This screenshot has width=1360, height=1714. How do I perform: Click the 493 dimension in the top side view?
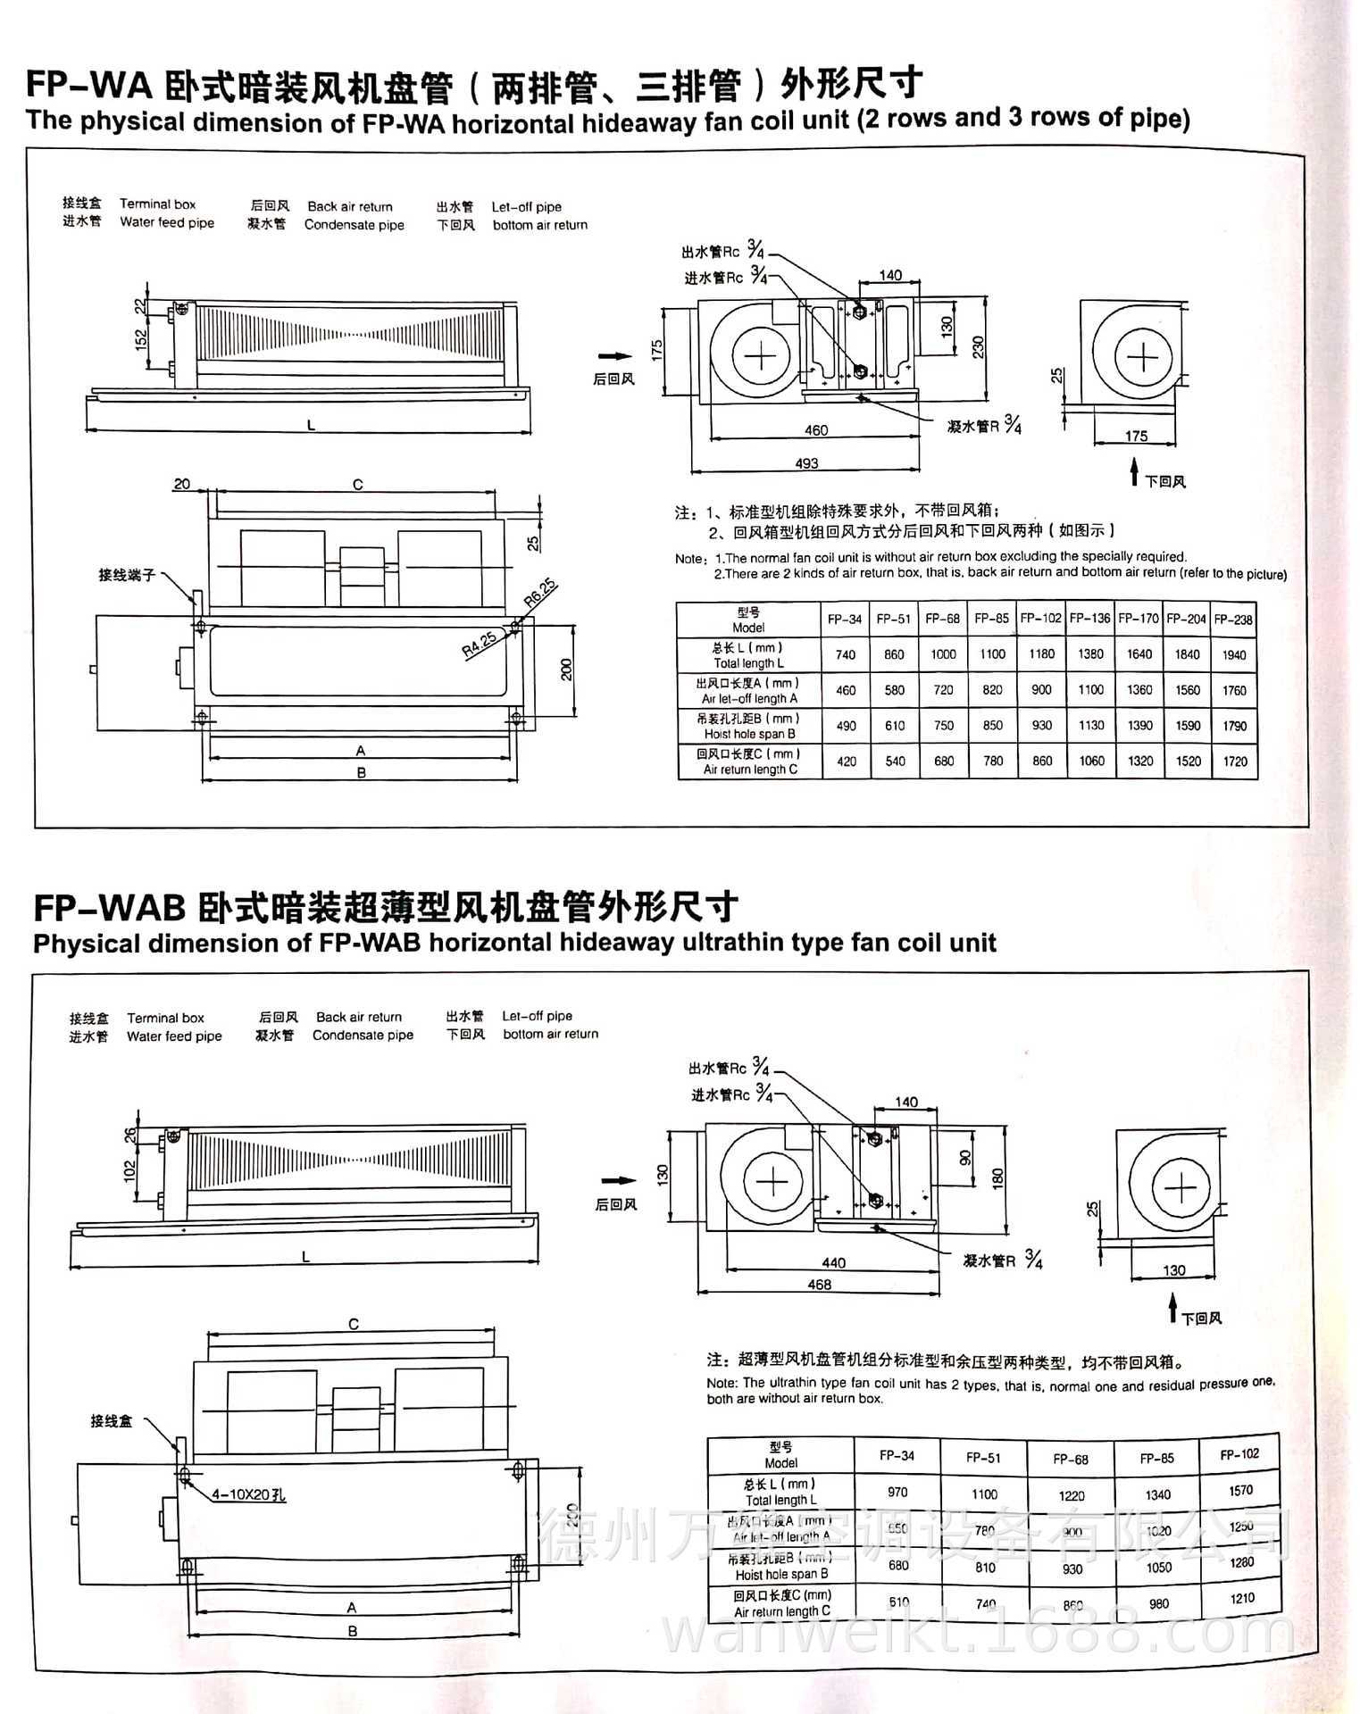coord(806,463)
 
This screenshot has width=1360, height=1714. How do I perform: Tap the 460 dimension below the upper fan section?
coord(816,430)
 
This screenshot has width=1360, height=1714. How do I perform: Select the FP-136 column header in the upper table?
coord(1089,619)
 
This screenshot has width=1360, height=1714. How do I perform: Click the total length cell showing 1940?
coord(1234,654)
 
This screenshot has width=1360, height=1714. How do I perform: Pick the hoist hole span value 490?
coord(846,726)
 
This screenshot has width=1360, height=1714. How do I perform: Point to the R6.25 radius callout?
coord(539,593)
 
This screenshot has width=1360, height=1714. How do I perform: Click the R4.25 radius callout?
coord(480,645)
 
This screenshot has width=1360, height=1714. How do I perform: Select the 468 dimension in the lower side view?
coord(819,1285)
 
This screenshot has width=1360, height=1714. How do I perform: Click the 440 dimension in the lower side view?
coord(833,1262)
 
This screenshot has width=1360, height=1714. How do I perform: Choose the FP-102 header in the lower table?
coord(1239,1454)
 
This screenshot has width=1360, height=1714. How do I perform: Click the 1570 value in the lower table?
coord(1240,1491)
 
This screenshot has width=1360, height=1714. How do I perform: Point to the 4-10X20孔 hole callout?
coord(248,1494)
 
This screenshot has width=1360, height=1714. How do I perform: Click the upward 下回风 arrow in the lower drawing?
coord(1173,1310)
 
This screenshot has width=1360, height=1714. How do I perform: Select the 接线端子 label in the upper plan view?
coord(127,575)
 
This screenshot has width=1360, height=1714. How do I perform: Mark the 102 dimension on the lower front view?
coord(129,1169)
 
